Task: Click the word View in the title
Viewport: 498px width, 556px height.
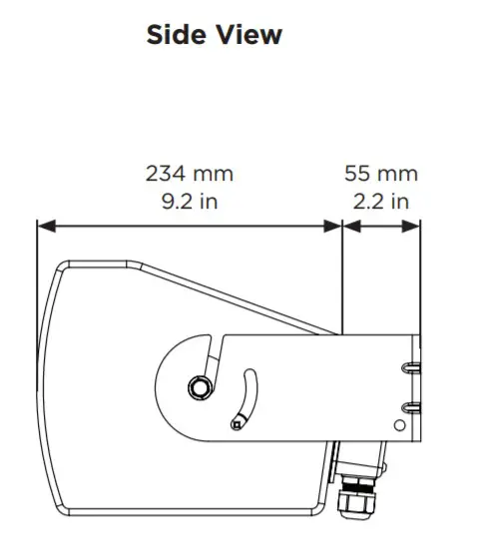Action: [249, 35]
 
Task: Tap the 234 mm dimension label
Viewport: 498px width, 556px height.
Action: [190, 174]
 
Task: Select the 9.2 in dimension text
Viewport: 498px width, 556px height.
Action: [190, 201]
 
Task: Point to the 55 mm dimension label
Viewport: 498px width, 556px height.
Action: [381, 174]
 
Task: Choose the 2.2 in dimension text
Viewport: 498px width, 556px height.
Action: [381, 201]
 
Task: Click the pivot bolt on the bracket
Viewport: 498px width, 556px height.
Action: [200, 386]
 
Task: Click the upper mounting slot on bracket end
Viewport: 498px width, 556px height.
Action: [410, 368]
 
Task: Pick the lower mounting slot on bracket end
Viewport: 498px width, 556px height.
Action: [410, 405]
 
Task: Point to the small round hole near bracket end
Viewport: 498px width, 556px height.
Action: [401, 426]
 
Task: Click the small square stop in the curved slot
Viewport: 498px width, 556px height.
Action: [236, 424]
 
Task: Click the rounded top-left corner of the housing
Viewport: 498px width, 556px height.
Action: [63, 269]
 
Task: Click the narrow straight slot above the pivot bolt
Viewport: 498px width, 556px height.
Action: [211, 354]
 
